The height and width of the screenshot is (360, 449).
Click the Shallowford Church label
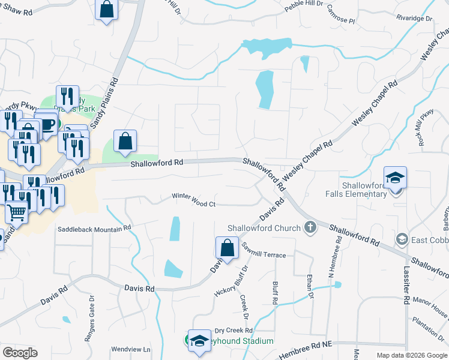[264, 228]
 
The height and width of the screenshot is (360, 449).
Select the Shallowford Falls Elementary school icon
[396, 178]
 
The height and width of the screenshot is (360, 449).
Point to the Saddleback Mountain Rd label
[94, 229]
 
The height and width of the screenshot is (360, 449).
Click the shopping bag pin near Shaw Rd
[106, 9]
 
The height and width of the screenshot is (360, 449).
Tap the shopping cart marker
[17, 211]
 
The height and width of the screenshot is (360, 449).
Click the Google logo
[19, 353]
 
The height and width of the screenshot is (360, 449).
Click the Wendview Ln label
[131, 349]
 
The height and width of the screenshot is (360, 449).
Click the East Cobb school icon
[401, 239]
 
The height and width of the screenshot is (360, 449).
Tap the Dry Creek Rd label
[234, 331]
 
